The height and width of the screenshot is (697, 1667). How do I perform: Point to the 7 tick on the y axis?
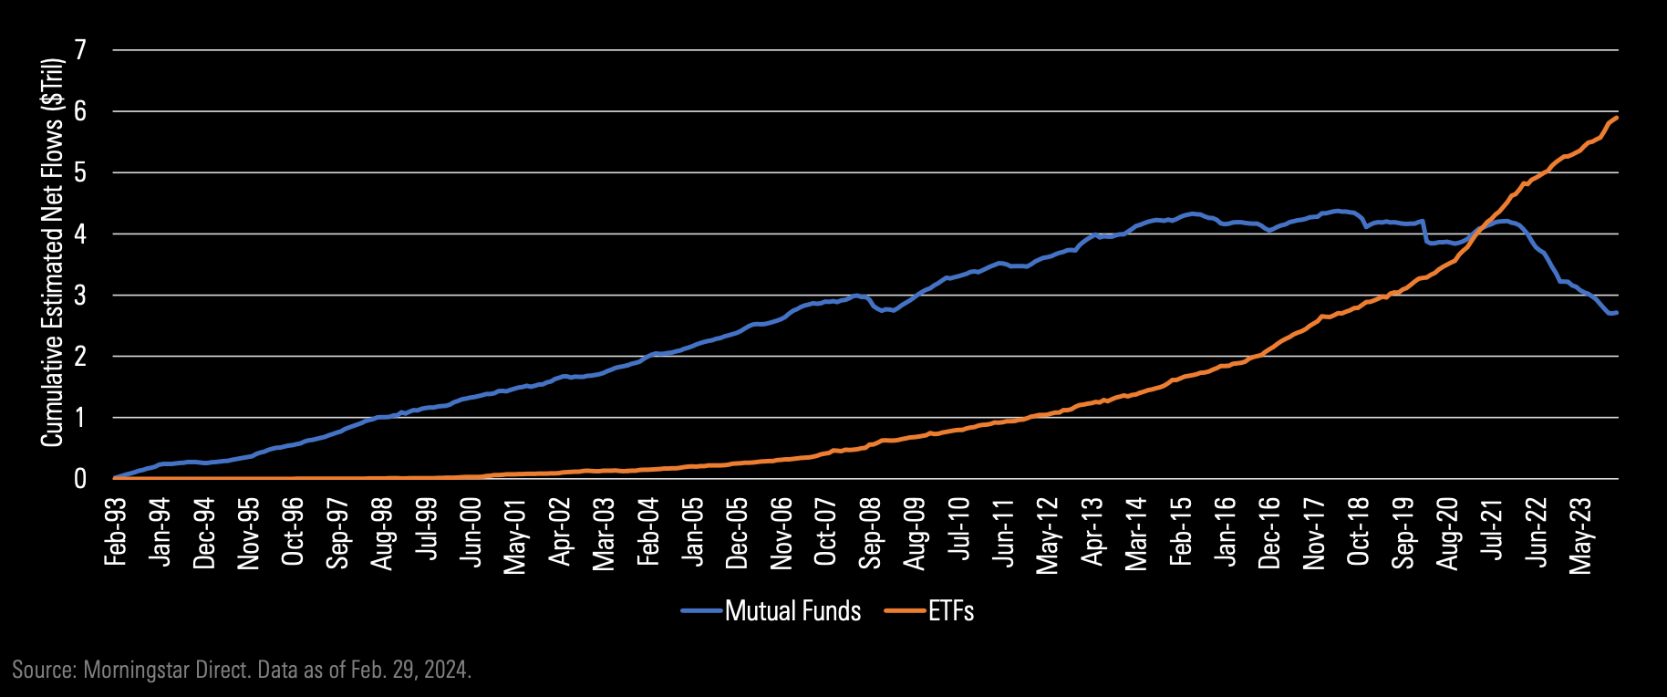(x=81, y=50)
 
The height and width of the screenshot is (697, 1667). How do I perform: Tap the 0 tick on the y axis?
(x=81, y=479)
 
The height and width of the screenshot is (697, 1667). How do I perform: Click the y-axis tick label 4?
(x=81, y=234)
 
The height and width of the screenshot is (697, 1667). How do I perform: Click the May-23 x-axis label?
(x=1581, y=535)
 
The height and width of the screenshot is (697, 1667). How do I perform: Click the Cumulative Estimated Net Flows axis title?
(x=52, y=253)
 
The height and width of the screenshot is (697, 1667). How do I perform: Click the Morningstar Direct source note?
(x=242, y=671)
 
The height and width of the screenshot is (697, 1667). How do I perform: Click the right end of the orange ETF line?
(x=1617, y=118)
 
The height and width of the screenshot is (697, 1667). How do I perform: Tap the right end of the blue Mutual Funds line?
(x=1617, y=313)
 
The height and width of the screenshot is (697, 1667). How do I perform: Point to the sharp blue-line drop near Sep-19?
(x=1424, y=232)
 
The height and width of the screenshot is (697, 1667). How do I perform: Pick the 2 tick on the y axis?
(x=81, y=357)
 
